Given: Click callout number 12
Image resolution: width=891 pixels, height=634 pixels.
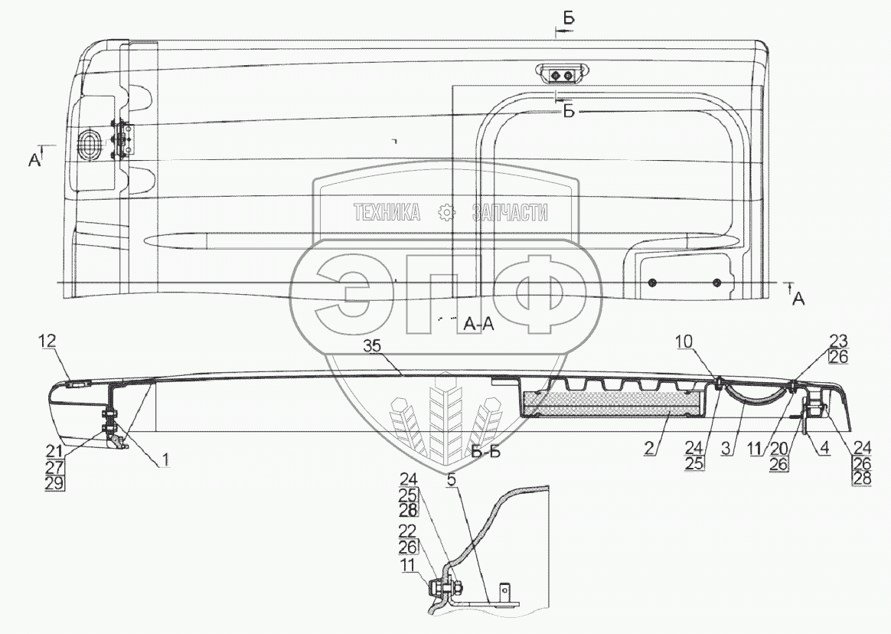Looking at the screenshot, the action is (x=47, y=342).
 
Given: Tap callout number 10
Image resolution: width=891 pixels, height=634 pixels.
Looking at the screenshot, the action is (x=685, y=342).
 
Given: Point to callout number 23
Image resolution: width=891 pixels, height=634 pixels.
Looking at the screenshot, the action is (x=839, y=342).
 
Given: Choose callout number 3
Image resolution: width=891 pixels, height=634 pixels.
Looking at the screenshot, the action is (x=725, y=448).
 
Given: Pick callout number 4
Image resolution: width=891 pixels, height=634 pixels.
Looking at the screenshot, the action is (x=824, y=448).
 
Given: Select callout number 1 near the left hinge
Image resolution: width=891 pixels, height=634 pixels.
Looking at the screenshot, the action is (x=165, y=461).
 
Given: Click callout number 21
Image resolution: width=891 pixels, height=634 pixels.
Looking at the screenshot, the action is (x=54, y=453).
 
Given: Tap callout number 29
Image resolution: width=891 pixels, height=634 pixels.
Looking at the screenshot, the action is (x=54, y=483).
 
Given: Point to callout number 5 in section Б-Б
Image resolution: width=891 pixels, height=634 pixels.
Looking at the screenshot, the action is (x=451, y=479).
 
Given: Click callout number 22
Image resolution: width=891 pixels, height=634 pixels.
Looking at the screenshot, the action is (x=407, y=531).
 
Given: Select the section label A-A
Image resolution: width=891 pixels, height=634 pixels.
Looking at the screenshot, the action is (x=479, y=324).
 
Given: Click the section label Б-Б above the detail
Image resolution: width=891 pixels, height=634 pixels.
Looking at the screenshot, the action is (x=486, y=453).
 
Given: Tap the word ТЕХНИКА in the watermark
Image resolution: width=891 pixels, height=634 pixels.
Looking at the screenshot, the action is (x=387, y=213).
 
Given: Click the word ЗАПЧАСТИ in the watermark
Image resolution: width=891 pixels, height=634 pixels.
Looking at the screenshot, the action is (x=510, y=213).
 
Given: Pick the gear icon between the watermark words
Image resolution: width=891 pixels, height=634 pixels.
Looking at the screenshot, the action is (x=447, y=213).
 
